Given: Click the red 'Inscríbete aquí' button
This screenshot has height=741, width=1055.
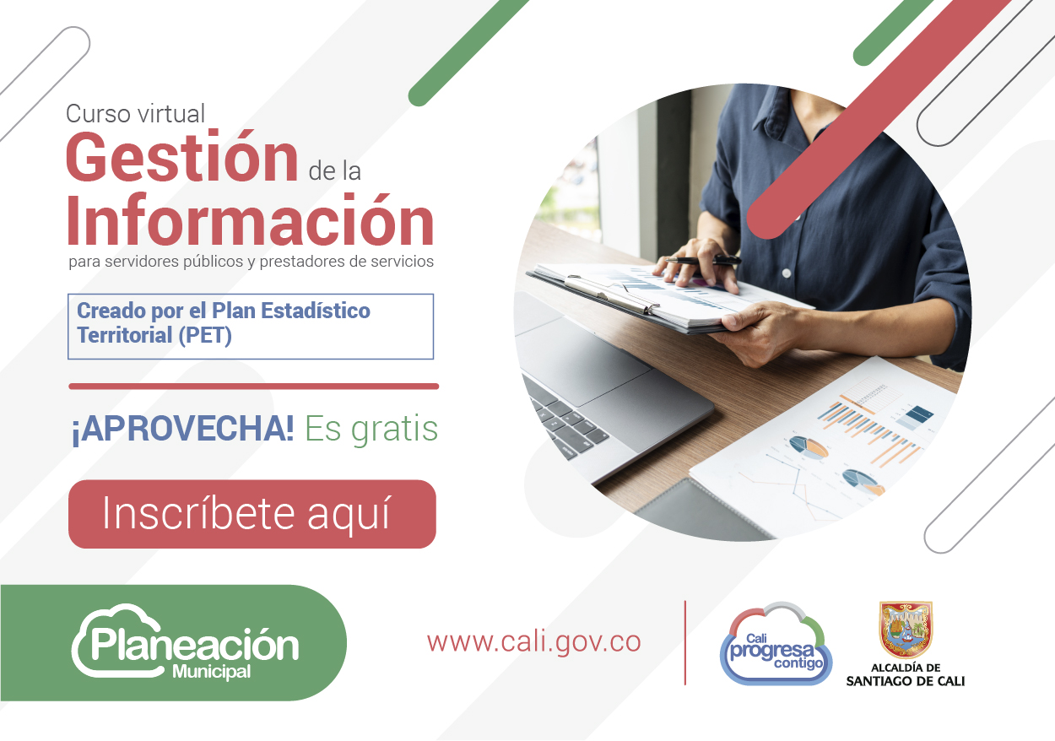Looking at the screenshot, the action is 252,514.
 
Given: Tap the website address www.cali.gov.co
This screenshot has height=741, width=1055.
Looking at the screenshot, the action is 533,642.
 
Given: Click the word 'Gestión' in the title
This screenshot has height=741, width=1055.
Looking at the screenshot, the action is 182,156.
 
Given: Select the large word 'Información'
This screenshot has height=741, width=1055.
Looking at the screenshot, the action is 250,220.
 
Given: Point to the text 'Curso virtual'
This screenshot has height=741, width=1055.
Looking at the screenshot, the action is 135,114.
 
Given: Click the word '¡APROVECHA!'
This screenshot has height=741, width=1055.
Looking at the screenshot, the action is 183,429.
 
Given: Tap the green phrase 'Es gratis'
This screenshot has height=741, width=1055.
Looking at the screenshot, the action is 371,429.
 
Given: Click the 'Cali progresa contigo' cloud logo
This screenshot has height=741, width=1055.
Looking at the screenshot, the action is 776,643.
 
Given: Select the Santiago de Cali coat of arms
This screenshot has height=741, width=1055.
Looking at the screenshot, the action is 906,630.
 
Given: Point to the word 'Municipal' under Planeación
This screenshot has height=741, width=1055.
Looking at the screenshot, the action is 212,673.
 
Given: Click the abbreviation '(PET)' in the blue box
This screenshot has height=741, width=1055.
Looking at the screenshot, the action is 205,335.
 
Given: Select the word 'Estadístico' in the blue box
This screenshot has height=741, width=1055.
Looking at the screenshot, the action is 316,311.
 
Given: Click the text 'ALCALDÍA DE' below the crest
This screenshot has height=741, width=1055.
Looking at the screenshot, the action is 906,668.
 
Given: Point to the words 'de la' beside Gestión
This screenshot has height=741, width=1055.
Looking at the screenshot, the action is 335,171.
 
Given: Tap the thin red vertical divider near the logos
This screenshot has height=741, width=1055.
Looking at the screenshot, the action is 685,642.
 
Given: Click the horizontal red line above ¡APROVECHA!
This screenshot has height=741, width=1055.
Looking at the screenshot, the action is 254,387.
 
